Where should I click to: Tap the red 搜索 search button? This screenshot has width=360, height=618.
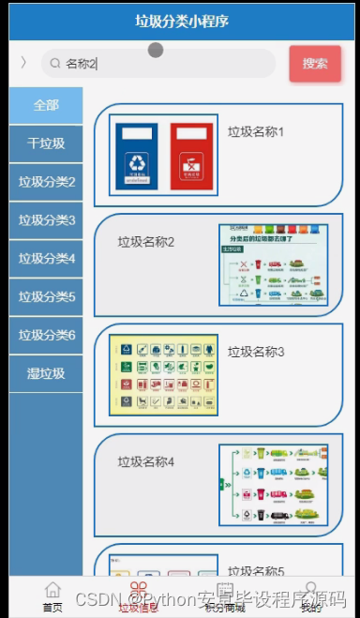point(315,64)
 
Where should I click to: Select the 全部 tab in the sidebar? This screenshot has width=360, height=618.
point(46,105)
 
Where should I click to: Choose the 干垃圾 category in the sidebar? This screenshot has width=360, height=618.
point(46,143)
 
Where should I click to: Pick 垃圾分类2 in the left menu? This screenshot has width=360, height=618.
point(46,182)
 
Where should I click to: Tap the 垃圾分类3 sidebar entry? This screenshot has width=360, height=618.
point(46,220)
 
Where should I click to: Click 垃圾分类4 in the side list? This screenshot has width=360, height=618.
point(46,259)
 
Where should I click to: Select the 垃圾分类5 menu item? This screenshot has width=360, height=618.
point(46,297)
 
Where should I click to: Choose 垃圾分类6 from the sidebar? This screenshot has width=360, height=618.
point(46,335)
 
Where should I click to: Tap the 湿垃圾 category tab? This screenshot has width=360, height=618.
point(46,373)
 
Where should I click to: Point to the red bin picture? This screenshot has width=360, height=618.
point(192,155)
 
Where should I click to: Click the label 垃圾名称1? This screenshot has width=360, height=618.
point(256,131)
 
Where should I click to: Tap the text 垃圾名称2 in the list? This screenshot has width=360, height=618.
point(146,242)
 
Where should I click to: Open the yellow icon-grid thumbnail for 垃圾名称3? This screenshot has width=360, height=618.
point(163,375)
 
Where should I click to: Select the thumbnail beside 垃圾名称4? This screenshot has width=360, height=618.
point(273,485)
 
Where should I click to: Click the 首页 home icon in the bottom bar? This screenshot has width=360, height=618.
point(53,590)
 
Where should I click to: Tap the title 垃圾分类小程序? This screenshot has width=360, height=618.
point(181,21)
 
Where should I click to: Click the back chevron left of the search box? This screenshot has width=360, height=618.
point(23,64)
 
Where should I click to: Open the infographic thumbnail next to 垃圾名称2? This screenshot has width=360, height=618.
point(273,264)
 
